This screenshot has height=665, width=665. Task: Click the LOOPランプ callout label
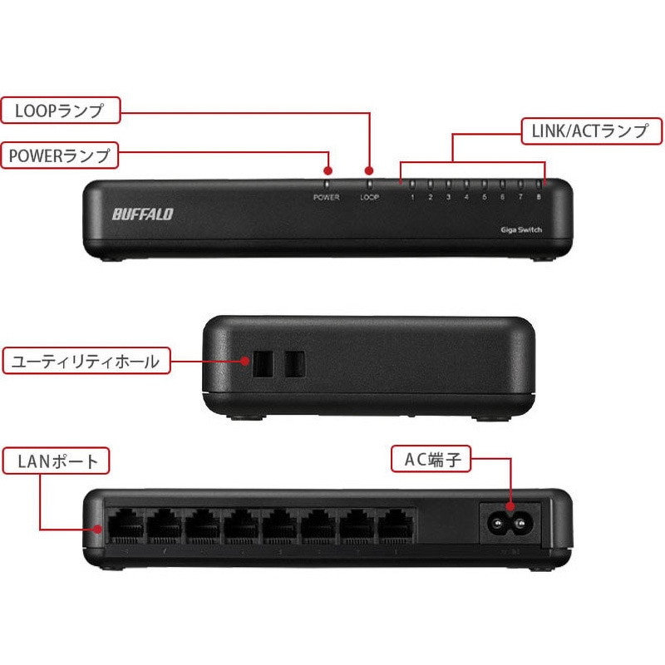coord(60,111)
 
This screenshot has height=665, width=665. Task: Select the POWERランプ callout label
coord(60,155)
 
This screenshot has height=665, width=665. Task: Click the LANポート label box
coord(57,461)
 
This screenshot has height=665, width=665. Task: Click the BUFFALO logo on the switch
coord(143,214)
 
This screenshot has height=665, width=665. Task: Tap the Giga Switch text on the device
coord(521,229)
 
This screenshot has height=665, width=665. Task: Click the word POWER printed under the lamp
coord(326,198)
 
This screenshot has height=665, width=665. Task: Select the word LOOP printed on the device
coord(370,198)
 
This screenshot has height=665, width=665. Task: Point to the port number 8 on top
coord(539,198)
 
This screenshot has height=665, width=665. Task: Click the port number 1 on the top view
coord(413,198)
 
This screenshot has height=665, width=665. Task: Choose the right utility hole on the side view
coord(294,362)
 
